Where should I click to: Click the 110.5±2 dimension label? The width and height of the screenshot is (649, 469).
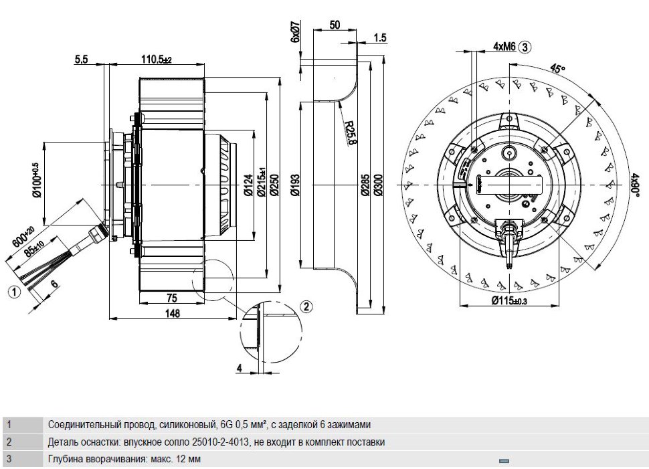coord(157,60)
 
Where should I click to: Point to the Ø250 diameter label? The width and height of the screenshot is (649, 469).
coord(274,185)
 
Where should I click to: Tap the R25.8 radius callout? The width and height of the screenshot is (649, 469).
coord(350,132)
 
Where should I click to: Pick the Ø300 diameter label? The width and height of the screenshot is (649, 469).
coord(378,185)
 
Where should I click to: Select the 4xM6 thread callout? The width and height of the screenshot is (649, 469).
coord(504,47)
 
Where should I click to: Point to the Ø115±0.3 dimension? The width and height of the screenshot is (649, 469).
coord(509,301)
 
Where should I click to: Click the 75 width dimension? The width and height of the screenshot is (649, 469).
coord(171,298)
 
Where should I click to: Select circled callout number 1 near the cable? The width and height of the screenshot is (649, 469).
coord(14,292)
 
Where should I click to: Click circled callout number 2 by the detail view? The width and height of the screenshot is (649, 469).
coord(306,306)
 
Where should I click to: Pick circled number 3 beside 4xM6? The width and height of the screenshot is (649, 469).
coord(525,48)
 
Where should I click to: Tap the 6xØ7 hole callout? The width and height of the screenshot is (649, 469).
coord(294,32)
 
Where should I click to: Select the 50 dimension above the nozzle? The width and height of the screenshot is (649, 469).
coord(335,25)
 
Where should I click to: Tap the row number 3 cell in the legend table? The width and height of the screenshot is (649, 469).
coord(9,459)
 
